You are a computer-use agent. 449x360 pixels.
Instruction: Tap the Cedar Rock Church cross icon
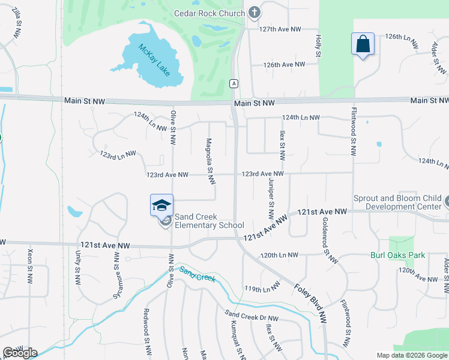(255, 13)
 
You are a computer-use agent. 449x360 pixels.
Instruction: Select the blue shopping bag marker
(363, 44)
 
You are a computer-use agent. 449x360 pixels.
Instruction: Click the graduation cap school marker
(161, 206)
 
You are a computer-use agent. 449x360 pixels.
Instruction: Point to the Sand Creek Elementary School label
(209, 221)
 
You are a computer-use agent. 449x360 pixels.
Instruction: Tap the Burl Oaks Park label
(397, 255)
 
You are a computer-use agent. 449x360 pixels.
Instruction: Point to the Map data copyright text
(411, 355)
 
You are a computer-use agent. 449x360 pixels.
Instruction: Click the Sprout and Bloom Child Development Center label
(396, 202)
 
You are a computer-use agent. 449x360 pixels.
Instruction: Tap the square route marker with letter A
(234, 84)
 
